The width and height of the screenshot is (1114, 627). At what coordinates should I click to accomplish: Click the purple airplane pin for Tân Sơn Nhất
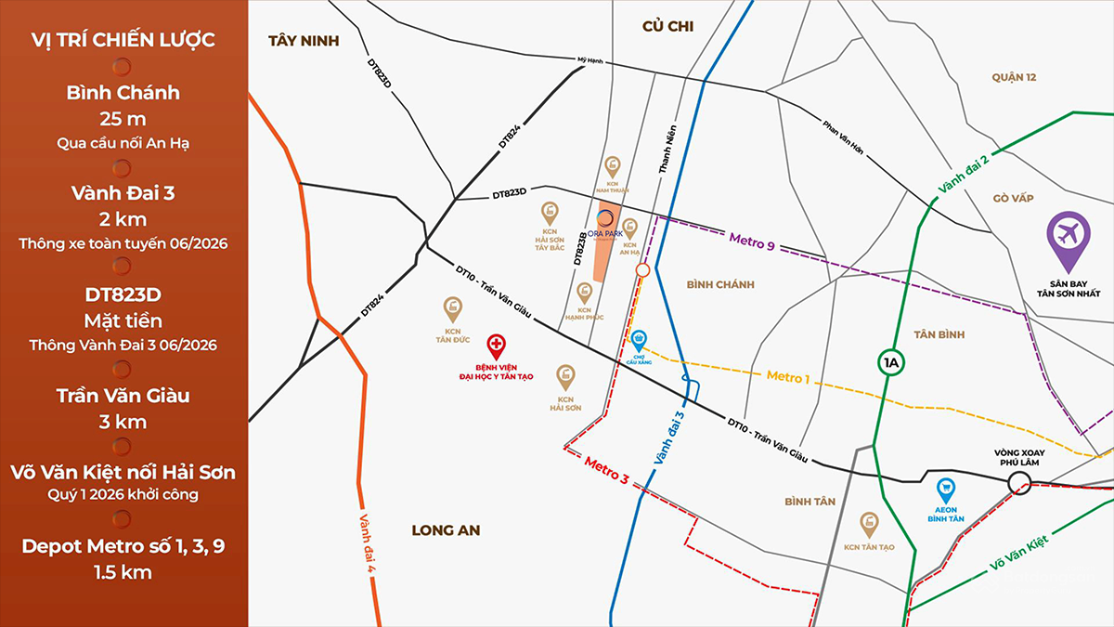1068,232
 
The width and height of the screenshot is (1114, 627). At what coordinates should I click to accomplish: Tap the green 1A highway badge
892,361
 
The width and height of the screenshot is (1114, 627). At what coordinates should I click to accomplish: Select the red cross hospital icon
497,345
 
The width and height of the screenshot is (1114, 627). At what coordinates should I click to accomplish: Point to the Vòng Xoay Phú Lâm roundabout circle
1018,481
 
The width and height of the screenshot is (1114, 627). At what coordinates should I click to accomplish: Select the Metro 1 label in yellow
788,377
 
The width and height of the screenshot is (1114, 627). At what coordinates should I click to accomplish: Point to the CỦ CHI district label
668,27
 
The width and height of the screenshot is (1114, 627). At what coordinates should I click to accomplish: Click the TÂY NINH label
304,41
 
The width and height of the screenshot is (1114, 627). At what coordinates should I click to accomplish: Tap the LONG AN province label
447,529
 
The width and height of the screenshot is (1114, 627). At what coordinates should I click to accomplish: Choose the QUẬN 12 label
1013,77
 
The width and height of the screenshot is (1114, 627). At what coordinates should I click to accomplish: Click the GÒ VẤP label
1013,198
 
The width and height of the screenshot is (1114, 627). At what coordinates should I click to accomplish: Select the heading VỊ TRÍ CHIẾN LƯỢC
123,40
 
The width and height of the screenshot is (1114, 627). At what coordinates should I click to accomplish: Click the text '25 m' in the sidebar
123,119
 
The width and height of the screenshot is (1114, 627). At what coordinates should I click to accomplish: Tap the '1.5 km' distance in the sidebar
123,572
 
